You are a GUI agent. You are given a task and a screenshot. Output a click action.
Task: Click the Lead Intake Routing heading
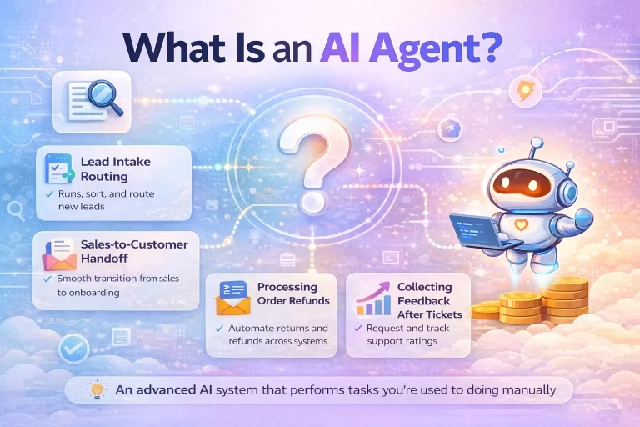pyautogui.click(x=117, y=169)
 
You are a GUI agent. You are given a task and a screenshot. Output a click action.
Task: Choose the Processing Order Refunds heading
pyautogui.click(x=291, y=294)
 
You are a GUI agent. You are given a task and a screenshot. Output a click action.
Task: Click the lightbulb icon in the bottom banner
pyautogui.click(x=98, y=389)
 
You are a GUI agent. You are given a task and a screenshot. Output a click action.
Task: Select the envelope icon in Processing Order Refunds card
pyautogui.click(x=234, y=298)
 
